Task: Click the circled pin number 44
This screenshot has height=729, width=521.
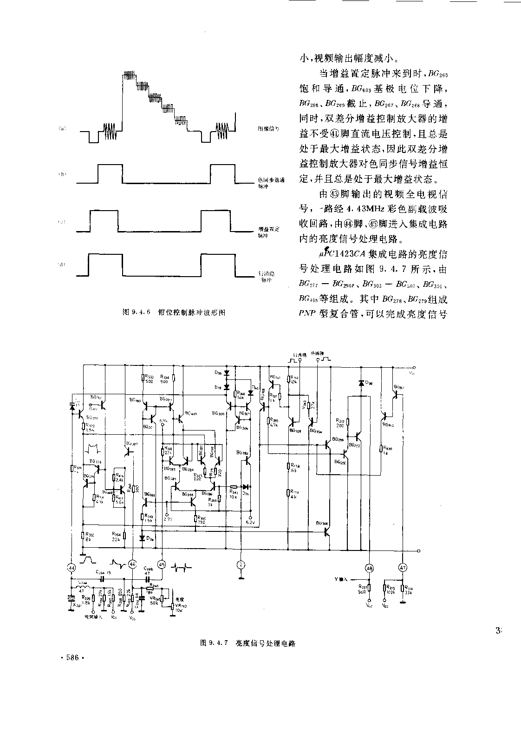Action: coord(72,567)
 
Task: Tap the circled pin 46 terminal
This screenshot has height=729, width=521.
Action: coord(132,564)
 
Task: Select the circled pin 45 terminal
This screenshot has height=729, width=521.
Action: coord(162,564)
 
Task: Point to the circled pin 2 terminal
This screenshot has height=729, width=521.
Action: coord(241,564)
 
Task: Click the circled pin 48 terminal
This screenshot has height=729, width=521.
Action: coord(369,567)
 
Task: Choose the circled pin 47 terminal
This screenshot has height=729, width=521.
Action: coord(403,567)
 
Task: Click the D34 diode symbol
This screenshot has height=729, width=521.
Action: coord(142,537)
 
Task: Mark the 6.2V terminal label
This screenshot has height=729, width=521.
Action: coord(250,523)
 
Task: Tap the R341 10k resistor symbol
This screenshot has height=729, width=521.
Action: coord(234,487)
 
